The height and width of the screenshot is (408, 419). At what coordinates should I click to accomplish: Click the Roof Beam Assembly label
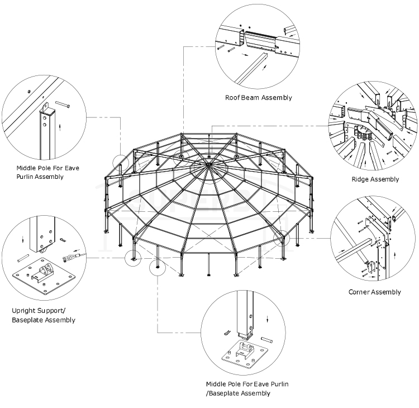(x=258, y=97)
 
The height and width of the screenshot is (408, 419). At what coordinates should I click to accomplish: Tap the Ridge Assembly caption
(x=375, y=179)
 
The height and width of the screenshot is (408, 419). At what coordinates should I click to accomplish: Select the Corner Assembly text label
(x=374, y=292)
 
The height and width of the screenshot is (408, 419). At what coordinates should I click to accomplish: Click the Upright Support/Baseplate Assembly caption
(x=43, y=315)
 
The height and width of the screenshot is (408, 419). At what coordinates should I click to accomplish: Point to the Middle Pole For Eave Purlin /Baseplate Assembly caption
(x=247, y=388)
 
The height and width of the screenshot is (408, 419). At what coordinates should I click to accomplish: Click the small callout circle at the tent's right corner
(x=282, y=239)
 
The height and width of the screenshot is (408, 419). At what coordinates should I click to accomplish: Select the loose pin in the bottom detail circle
(x=266, y=339)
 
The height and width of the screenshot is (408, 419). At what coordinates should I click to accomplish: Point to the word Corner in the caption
(x=360, y=292)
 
